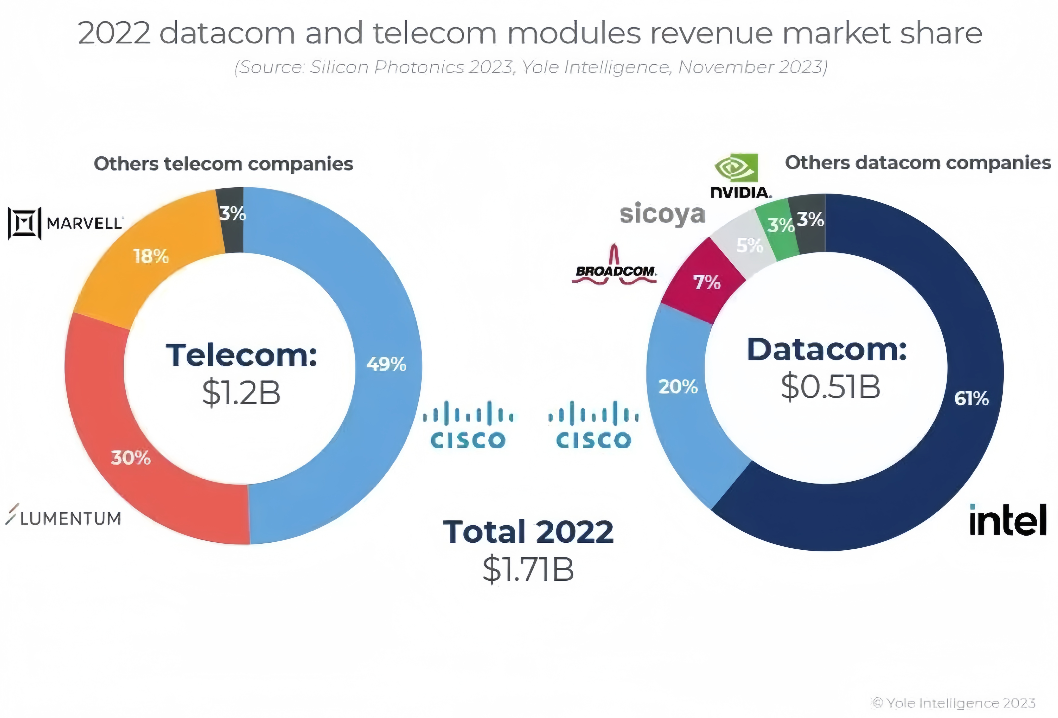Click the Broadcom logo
(x=615, y=269)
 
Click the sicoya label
(x=662, y=214)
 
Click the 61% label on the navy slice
(x=971, y=399)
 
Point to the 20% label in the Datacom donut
(x=678, y=387)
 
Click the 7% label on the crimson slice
(x=707, y=282)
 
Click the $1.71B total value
(x=528, y=569)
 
